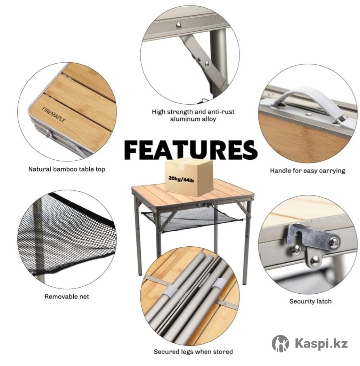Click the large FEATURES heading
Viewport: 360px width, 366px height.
(191, 150)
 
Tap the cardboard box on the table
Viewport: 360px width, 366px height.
(189, 177)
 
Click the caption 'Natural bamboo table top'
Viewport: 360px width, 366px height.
(67, 169)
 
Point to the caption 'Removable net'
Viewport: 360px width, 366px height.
(67, 297)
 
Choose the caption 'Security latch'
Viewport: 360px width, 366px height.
(310, 301)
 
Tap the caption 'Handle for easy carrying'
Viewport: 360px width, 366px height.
(308, 170)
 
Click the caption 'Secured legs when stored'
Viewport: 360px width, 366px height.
(193, 352)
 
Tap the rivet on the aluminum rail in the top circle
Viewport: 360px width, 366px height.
(179, 25)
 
